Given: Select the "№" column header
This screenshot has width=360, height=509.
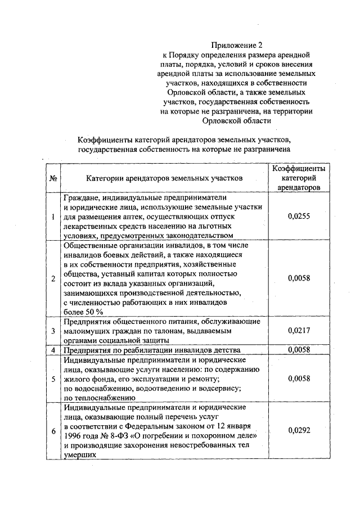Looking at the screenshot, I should (52, 178).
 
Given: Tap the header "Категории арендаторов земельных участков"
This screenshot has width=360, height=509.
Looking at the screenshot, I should (164, 178).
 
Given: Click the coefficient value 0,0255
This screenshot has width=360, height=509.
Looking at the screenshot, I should (299, 217).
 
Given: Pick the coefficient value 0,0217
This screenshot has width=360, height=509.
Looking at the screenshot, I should (299, 331).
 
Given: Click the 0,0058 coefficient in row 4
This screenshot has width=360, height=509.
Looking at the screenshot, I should (299, 350).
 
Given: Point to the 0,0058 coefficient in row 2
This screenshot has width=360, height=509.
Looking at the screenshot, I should (299, 278).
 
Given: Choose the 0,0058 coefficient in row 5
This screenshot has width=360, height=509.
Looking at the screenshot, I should (299, 379).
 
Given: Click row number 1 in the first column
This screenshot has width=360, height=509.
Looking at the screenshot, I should (53, 217).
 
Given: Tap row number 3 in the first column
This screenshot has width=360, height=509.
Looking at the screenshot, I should (53, 331).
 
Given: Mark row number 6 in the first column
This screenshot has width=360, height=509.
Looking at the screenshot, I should (53, 430).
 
